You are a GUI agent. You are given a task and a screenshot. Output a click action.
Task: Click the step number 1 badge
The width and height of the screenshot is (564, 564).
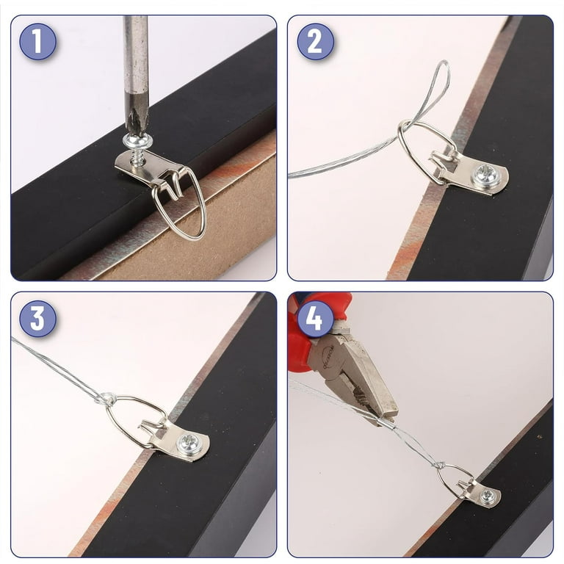[37, 41]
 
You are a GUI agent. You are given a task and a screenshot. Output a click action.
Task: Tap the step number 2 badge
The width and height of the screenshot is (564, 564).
[315, 41]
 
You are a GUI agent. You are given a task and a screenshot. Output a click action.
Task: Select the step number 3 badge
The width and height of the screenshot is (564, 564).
[37, 318]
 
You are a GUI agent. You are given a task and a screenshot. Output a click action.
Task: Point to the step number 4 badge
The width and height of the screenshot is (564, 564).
[315, 318]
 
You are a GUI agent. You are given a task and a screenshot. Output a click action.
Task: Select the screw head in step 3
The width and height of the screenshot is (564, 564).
[189, 441]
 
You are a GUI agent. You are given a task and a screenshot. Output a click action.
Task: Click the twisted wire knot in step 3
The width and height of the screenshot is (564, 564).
[105, 399]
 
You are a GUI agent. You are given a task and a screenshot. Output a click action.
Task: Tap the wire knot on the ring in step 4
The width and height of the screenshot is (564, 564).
[440, 466]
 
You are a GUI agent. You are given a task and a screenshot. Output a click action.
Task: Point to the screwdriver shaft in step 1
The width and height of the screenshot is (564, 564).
[135, 61]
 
